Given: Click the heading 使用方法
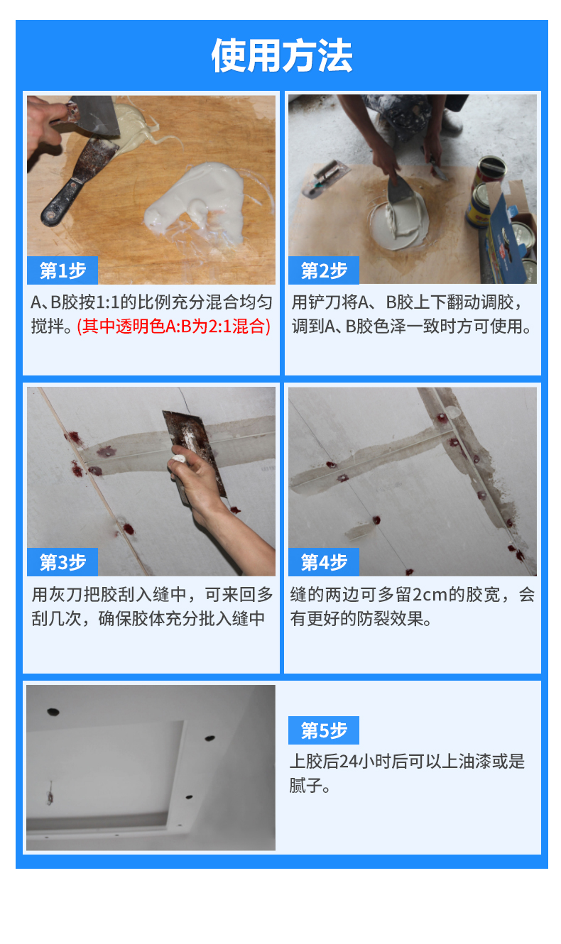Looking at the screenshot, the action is point(281,55).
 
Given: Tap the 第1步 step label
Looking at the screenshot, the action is point(62,270).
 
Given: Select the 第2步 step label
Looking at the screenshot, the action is point(324,270).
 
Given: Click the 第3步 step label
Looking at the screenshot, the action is point(62,562).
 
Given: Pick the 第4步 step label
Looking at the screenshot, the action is point(324,562).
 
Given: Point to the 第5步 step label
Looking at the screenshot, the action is point(324,730).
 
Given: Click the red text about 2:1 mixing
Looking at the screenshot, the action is point(174,326).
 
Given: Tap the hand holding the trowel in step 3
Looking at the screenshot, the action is point(198,481).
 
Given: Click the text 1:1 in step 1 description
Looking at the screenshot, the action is point(107,302).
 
